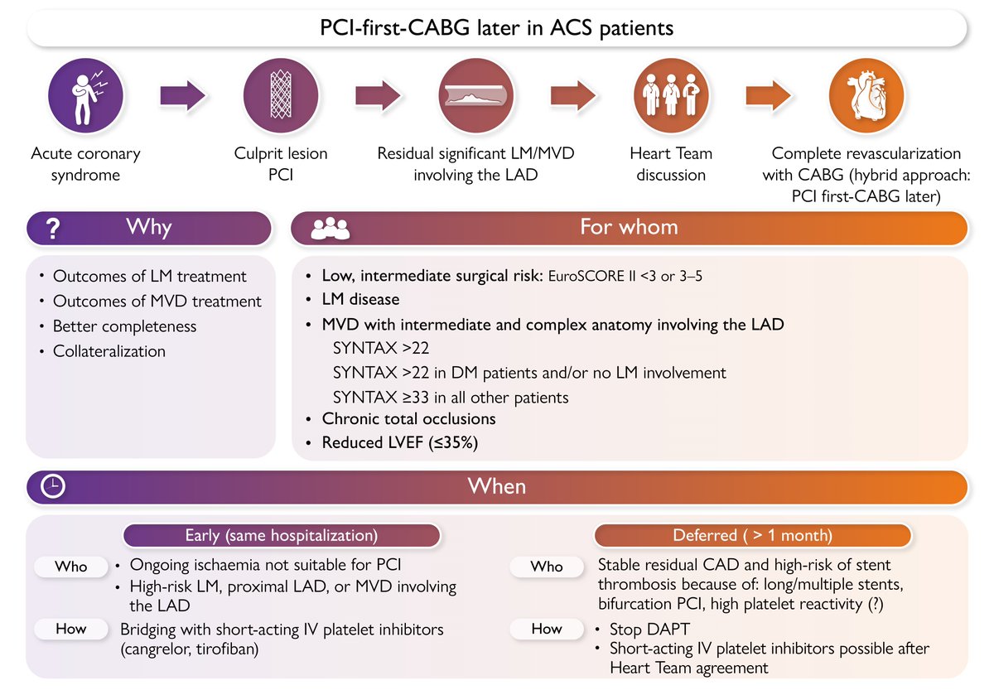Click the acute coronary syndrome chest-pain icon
click(86, 96)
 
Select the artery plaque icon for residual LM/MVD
click(475, 96)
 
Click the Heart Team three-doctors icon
click(672, 96)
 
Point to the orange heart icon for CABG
click(866, 96)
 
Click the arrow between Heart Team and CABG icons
click(769, 96)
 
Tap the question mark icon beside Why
click(52, 229)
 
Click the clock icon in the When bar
click(53, 487)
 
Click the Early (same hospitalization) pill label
click(282, 536)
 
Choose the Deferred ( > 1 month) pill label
click(752, 536)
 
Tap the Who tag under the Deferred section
click(546, 567)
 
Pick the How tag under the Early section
click(71, 629)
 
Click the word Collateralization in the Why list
click(109, 351)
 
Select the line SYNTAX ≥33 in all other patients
click(450, 397)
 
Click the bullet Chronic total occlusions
click(408, 419)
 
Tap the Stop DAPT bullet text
click(650, 629)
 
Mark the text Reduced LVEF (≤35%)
click(400, 442)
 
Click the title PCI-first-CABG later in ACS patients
click(497, 29)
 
